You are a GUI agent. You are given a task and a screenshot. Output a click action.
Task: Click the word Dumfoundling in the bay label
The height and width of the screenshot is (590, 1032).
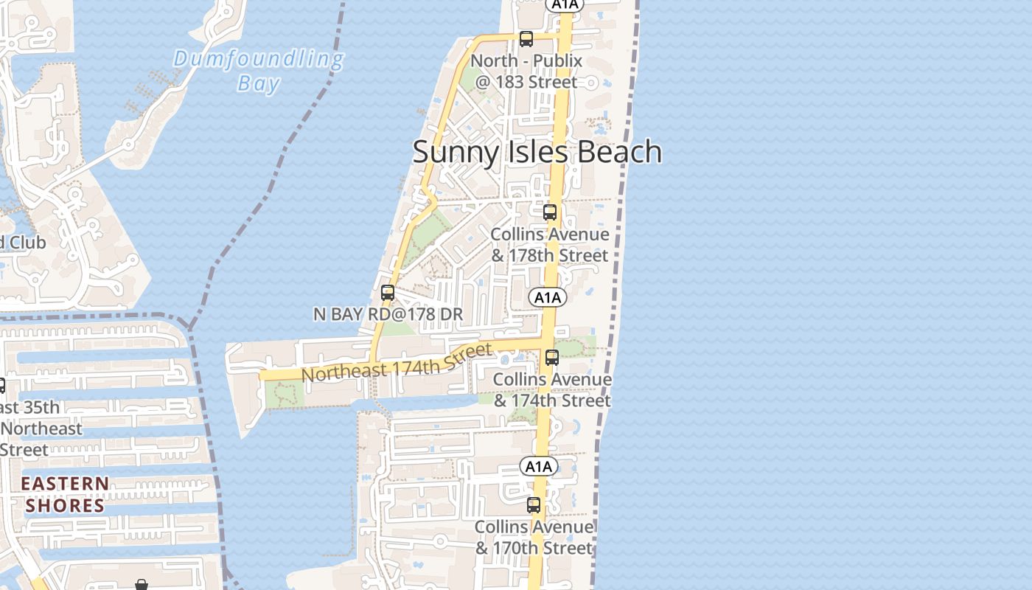pyautogui.click(x=259, y=59)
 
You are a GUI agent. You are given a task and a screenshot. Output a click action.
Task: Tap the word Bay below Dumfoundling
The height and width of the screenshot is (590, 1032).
pyautogui.click(x=259, y=83)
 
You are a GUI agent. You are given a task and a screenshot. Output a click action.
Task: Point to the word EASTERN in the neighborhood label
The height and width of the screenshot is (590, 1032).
pyautogui.click(x=65, y=484)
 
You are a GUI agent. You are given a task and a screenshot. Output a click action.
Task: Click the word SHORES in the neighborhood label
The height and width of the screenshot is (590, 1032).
pyautogui.click(x=65, y=506)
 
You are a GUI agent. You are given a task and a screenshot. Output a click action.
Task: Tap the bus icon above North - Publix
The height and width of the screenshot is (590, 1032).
pyautogui.click(x=526, y=39)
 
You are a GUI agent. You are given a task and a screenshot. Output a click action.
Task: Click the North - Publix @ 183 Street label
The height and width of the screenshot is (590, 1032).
pyautogui.click(x=526, y=72)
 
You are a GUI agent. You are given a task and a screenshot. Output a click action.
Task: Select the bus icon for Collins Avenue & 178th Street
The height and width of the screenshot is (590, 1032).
pyautogui.click(x=550, y=212)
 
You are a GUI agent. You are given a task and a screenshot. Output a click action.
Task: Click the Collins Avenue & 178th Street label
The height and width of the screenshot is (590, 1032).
pyautogui.click(x=551, y=245)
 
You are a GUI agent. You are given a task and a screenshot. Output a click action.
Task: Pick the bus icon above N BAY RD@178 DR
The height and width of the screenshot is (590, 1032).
pyautogui.click(x=388, y=293)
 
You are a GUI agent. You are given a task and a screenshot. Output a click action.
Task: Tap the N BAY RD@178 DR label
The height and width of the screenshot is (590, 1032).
pyautogui.click(x=388, y=314)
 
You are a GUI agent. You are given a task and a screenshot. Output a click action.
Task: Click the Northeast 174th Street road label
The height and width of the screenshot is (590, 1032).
pyautogui.click(x=396, y=363)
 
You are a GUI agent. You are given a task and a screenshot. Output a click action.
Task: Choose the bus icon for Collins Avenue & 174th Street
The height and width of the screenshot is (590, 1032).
pyautogui.click(x=552, y=358)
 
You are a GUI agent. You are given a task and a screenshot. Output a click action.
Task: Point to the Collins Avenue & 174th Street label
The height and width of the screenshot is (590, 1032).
pyautogui.click(x=552, y=390)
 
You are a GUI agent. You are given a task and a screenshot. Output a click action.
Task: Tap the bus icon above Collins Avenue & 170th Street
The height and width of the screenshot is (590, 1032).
pyautogui.click(x=534, y=505)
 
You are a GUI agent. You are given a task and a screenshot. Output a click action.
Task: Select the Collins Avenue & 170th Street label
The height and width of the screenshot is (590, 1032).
pyautogui.click(x=534, y=538)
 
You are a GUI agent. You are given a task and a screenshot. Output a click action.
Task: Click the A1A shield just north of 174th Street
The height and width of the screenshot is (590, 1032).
pyautogui.click(x=547, y=297)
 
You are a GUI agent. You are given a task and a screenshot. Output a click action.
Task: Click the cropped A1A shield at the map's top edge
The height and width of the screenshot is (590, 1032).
pyautogui.click(x=565, y=4)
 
